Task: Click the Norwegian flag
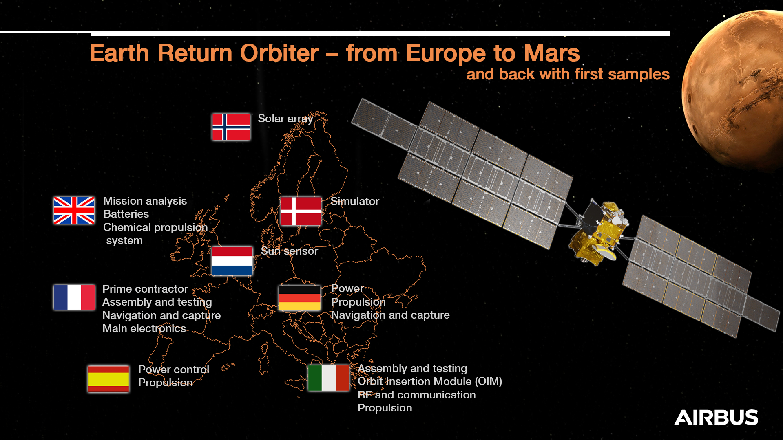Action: click(231, 127)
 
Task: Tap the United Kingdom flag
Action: click(74, 211)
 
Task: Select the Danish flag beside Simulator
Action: click(301, 211)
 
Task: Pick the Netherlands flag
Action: click(232, 261)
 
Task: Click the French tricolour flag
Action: click(74, 297)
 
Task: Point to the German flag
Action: click(299, 298)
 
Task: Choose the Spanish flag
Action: click(108, 379)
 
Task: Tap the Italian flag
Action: click(328, 378)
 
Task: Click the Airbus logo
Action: click(716, 418)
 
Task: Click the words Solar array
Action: click(285, 119)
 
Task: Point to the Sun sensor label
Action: click(289, 251)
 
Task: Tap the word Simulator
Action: click(355, 201)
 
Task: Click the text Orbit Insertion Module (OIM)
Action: click(430, 381)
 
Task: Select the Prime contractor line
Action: click(145, 289)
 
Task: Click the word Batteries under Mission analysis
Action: click(126, 214)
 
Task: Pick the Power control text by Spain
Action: click(173, 370)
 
